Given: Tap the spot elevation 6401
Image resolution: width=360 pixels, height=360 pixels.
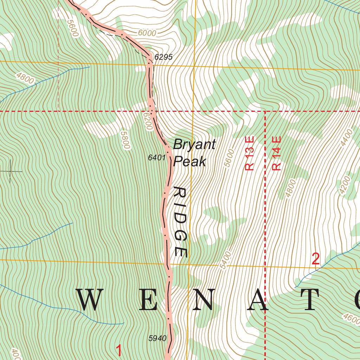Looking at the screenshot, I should pos(156,158).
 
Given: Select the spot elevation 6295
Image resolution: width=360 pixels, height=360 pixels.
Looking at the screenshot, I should pos(163,57).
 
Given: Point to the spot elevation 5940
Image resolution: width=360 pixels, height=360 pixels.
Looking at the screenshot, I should pos(157,338).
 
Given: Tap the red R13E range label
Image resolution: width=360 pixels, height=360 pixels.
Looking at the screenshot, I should pos(249,154).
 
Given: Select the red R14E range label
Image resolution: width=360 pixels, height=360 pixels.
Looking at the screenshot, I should pos(277,154).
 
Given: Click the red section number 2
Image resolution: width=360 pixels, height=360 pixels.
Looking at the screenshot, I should pos(316,259).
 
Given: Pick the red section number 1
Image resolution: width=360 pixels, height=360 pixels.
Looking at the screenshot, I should pos(119,351).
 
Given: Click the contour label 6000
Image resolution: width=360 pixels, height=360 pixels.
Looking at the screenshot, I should pos(147,33).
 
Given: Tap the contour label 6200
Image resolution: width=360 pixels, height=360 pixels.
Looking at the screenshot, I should pos(147,121).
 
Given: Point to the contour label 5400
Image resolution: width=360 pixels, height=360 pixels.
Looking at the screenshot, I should pos(226,260).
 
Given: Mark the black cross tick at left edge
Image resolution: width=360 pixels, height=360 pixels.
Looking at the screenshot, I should pos(10,171).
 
